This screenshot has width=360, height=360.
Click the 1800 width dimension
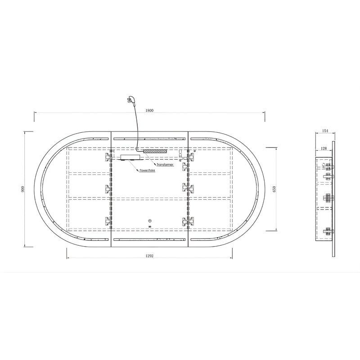coord(149,110)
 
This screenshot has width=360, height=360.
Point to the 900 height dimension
coord(22,189)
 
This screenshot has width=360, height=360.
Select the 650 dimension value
coord(274,189)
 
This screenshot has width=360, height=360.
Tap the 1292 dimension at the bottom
coord(149,256)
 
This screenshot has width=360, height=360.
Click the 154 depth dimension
coord(325,131)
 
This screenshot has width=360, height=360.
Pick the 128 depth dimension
coord(324,148)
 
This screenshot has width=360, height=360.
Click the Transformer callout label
coord(165,165)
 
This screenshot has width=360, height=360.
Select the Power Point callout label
coord(148,171)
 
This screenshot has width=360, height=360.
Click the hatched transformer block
coord(155,151)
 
